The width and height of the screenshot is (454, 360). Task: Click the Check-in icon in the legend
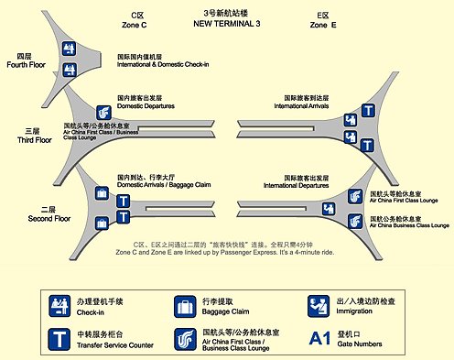(60, 304)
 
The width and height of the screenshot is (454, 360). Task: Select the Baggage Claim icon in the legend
(185, 304)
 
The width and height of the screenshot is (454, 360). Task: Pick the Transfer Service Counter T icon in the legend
(60, 337)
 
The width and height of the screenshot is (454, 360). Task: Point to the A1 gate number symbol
(319, 337)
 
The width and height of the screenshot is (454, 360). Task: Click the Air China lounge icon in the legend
(185, 337)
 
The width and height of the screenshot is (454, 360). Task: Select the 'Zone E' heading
(323, 24)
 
